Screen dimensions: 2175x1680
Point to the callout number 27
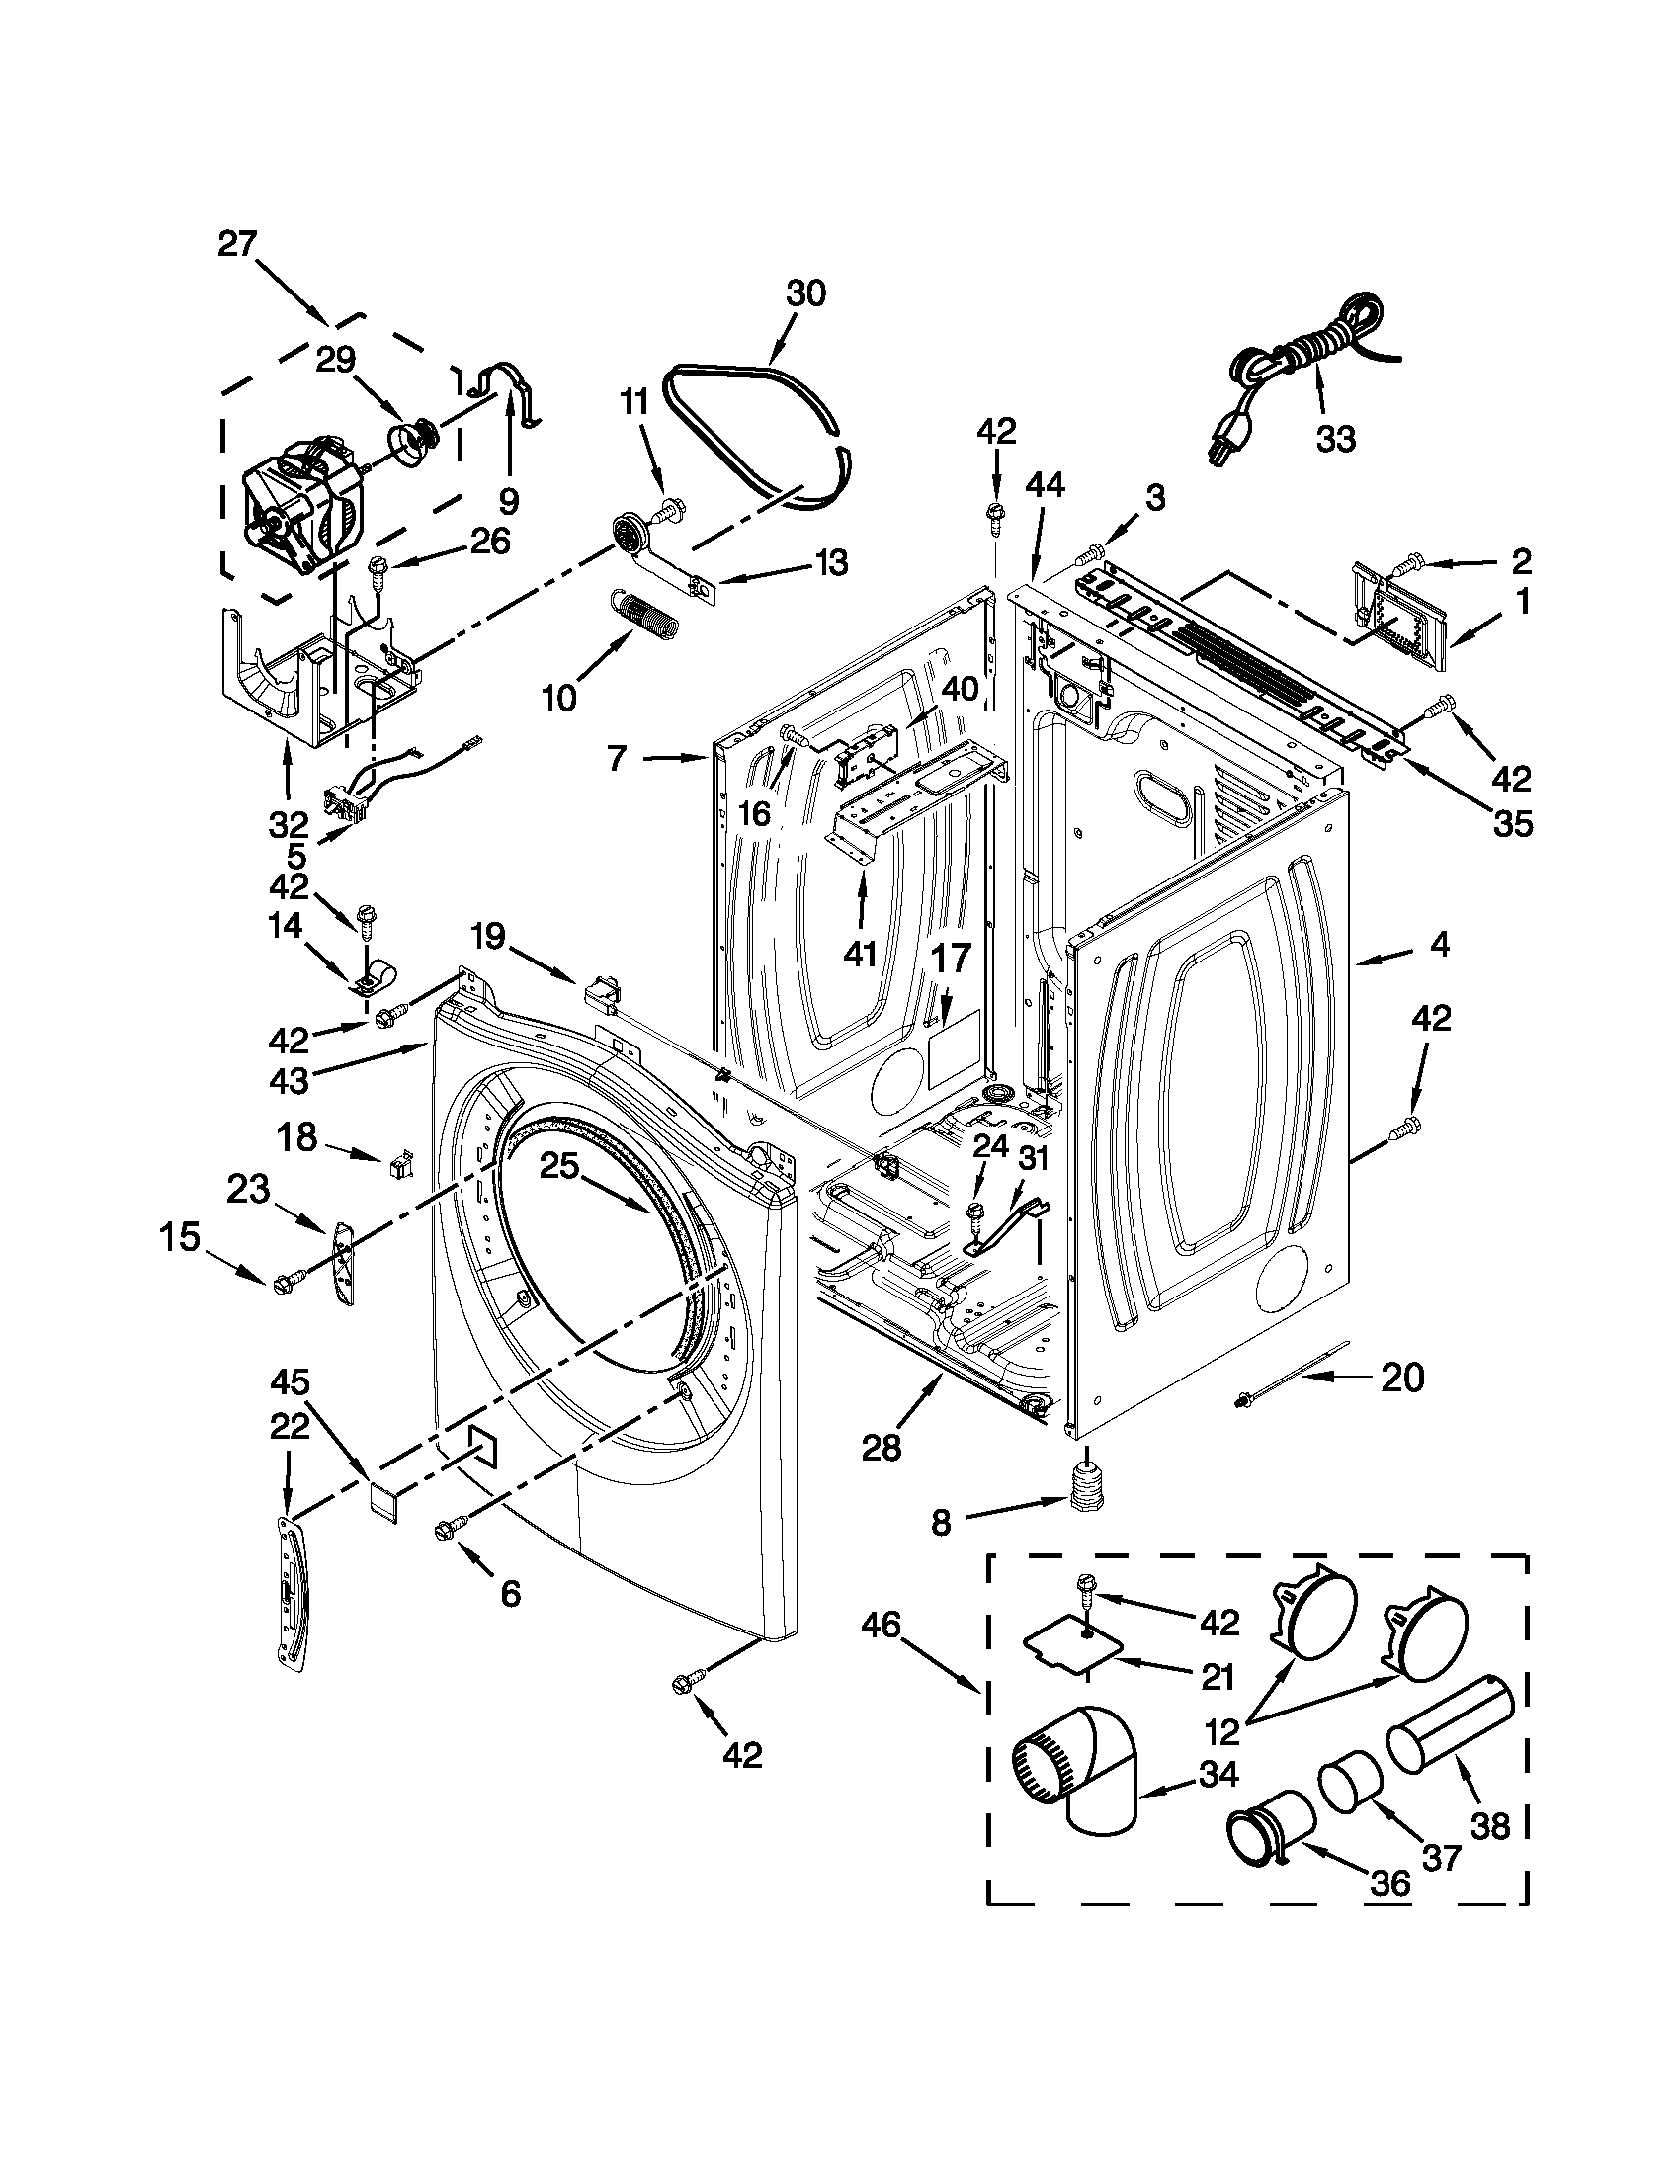click(x=238, y=244)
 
